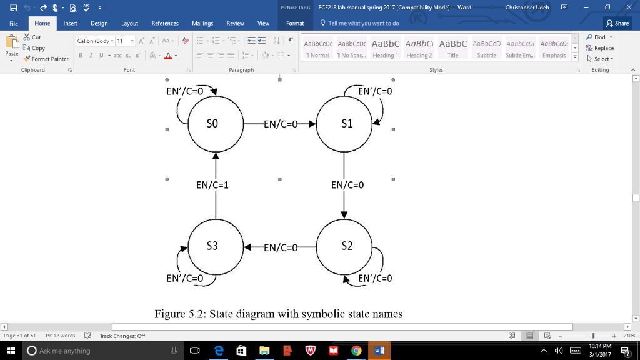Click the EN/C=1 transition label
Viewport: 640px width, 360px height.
(x=212, y=185)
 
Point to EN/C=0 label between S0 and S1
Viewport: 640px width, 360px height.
(x=281, y=124)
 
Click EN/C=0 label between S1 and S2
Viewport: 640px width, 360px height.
(x=347, y=185)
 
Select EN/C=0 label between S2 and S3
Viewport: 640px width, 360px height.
(x=281, y=247)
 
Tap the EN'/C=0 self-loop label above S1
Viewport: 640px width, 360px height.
(x=376, y=91)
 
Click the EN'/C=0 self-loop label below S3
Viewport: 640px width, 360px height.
(x=185, y=278)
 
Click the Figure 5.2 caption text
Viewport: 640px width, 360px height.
(x=279, y=314)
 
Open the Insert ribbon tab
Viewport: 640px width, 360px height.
(x=71, y=23)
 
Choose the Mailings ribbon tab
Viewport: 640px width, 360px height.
(x=202, y=23)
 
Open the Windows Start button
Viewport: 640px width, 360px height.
(x=11, y=351)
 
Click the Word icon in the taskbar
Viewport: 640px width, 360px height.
(x=379, y=351)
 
